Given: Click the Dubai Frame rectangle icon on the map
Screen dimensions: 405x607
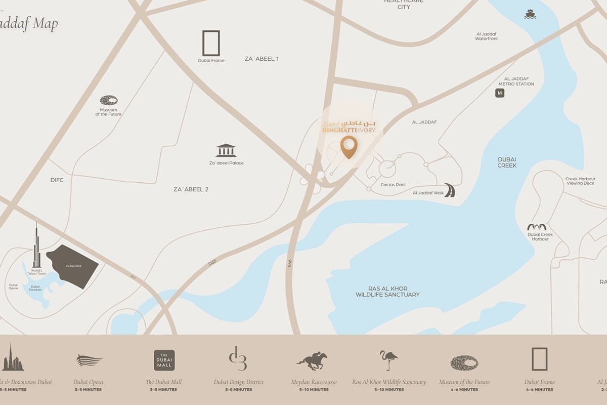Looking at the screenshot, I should (211, 43).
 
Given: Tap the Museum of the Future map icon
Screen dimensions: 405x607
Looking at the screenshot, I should (109, 100).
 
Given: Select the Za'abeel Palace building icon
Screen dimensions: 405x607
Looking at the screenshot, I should (226, 150).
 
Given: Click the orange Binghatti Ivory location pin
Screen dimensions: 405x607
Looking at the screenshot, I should (349, 146).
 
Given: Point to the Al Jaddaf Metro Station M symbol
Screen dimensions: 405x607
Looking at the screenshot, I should (500, 93).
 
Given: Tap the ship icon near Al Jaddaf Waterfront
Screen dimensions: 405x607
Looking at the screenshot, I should (530, 14).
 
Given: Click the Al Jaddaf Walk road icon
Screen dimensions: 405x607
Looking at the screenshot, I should (449, 190).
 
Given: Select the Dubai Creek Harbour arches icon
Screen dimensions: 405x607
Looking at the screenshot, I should (537, 227).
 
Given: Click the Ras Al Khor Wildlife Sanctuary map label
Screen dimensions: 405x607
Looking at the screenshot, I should (387, 291).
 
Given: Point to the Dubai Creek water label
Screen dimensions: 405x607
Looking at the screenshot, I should (507, 162).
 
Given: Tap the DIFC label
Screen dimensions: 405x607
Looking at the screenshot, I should (57, 180).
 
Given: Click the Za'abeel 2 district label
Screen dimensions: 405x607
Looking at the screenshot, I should (191, 189).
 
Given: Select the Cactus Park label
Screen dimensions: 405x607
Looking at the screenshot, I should (393, 185).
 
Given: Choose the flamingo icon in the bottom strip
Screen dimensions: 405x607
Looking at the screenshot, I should (388, 360).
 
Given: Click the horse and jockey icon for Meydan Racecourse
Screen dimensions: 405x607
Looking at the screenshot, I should (312, 361).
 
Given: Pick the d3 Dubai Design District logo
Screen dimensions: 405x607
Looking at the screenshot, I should (238, 358).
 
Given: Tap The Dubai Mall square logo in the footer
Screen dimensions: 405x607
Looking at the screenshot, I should (164, 360).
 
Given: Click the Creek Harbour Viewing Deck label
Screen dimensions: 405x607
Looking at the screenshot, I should (580, 181).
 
